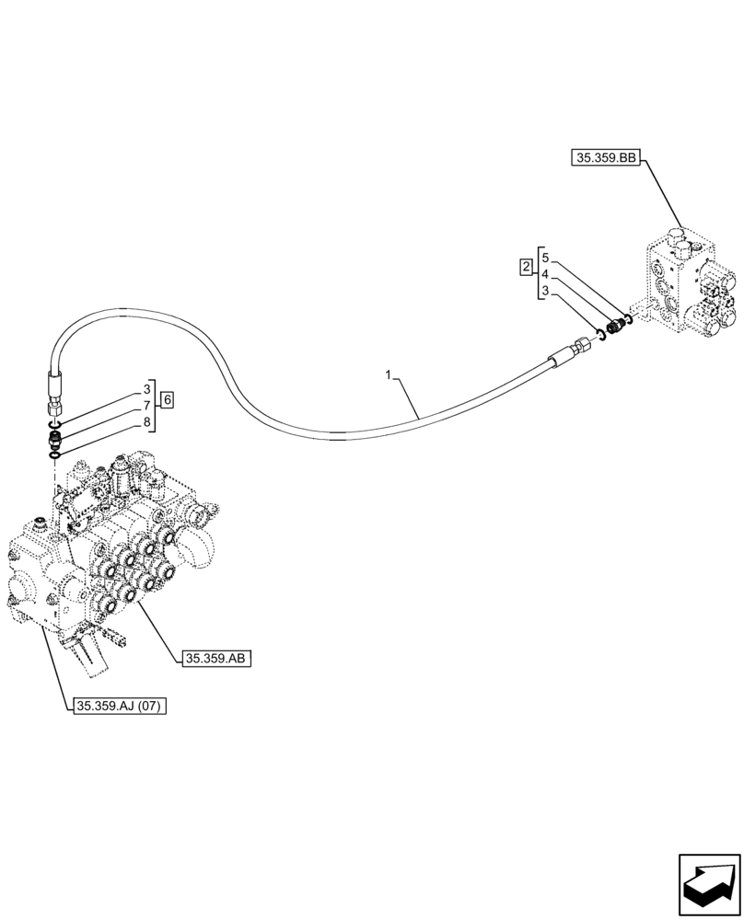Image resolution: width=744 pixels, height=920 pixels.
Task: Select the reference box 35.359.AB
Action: [217, 658]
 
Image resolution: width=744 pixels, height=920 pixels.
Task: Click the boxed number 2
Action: [525, 268]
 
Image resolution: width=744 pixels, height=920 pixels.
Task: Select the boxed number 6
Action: [167, 399]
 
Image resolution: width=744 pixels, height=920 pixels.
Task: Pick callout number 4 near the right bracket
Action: [545, 274]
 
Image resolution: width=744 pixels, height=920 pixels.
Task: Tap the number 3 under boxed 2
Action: [545, 291]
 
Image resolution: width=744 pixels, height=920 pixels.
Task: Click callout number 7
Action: [146, 405]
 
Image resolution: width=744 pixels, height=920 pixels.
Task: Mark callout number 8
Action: [146, 422]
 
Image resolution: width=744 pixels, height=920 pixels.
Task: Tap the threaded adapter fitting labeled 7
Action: [53, 438]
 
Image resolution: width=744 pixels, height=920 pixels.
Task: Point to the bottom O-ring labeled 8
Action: [54, 453]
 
